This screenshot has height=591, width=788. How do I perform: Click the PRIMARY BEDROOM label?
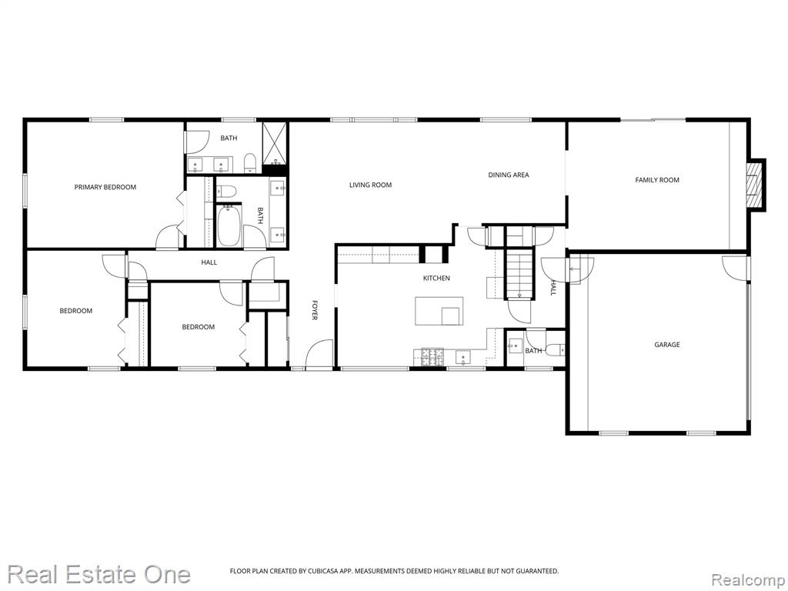click(105, 187)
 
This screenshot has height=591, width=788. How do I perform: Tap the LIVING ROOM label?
click(370, 185)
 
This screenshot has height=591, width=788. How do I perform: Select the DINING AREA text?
click(508, 175)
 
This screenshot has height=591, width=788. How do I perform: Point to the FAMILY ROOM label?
click(656, 180)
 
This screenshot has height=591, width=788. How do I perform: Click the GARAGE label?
click(666, 345)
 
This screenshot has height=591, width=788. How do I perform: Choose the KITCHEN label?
click(436, 278)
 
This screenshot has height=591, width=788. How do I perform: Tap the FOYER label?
click(314, 310)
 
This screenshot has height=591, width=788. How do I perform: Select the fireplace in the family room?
click(756, 184)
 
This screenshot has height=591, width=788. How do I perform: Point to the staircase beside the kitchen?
click(520, 274)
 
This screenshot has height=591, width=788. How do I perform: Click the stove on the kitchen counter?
click(429, 356)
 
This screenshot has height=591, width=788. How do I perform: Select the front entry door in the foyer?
click(319, 356)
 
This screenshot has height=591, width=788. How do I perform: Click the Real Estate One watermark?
click(98, 574)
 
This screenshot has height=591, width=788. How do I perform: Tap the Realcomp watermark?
click(746, 578)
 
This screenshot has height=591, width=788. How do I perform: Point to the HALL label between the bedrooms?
click(209, 262)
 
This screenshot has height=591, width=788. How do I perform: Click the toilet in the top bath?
click(250, 162)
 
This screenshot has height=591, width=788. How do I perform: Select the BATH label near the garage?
click(533, 351)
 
